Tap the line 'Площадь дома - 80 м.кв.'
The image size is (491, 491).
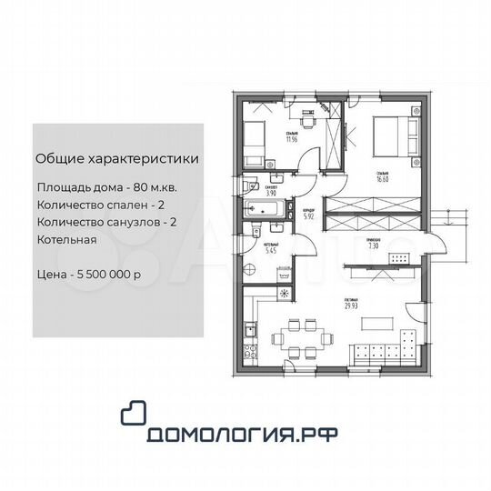pyautogui.click(x=117, y=185)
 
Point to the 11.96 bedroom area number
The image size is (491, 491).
pyautogui.click(x=291, y=139)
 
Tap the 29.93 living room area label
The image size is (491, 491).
pyautogui.click(x=351, y=305)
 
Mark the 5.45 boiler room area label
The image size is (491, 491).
pyautogui.click(x=270, y=249)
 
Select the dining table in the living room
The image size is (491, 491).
pyautogui.click(x=297, y=337)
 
